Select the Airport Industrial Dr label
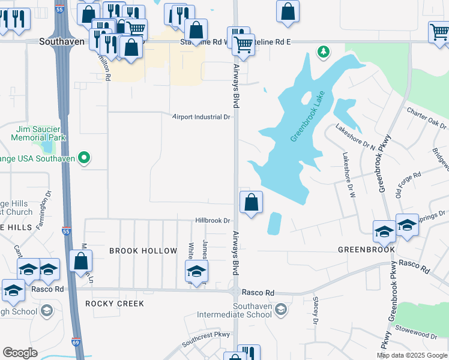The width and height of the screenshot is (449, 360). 201,117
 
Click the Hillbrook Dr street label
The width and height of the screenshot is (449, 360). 212,220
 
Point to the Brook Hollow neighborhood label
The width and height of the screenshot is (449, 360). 143,251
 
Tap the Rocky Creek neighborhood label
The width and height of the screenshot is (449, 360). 115,304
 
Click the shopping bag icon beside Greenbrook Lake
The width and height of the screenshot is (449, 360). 252,203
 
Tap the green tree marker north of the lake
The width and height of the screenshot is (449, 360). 324,52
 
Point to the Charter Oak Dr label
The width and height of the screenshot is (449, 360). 427,118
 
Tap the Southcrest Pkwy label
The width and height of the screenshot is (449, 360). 206,336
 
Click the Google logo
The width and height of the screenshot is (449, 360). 20,353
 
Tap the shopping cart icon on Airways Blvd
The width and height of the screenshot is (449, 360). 243,44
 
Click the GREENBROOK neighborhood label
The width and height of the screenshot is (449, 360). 366,250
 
